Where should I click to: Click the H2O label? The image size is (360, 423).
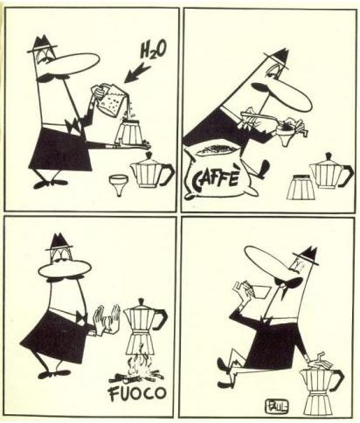click(x=154, y=50)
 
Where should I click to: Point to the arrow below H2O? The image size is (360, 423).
click(x=137, y=73)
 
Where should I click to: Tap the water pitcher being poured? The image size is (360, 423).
click(x=108, y=99)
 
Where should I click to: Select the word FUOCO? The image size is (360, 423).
click(x=138, y=393)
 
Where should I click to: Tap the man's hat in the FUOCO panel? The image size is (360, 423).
click(x=59, y=242)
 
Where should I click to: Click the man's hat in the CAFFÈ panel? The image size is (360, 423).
click(x=278, y=59)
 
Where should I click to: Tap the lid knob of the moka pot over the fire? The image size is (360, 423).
click(x=142, y=302)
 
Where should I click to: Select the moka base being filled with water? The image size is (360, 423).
click(x=128, y=133)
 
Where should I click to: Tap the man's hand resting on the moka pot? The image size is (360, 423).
click(x=318, y=363)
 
